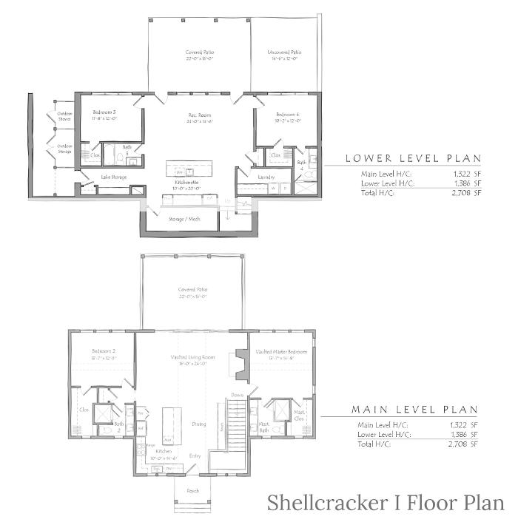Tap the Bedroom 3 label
pos(104,113)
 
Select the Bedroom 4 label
pos(288,115)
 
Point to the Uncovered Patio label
pos(285,52)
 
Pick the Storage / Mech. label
pos(184,219)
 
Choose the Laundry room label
pos(266,177)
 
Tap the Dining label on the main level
pos(199,424)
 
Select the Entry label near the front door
pos(195,455)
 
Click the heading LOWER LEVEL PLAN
pos(412,158)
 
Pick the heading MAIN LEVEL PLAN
pos(414,410)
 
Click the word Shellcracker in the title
pos(324,504)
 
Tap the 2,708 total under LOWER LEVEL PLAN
pos(467,192)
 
